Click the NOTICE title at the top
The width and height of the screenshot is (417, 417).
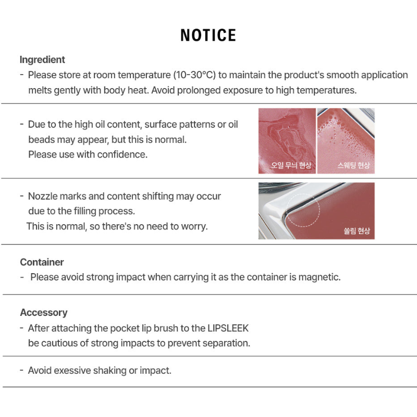(208, 35)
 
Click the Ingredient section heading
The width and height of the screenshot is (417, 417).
(42, 59)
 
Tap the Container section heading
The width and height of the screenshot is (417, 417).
(42, 262)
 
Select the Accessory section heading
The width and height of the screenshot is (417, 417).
(44, 312)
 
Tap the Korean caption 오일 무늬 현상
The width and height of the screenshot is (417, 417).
(291, 166)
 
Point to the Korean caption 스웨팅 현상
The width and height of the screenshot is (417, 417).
(353, 166)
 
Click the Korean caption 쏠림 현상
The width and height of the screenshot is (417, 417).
(357, 231)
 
